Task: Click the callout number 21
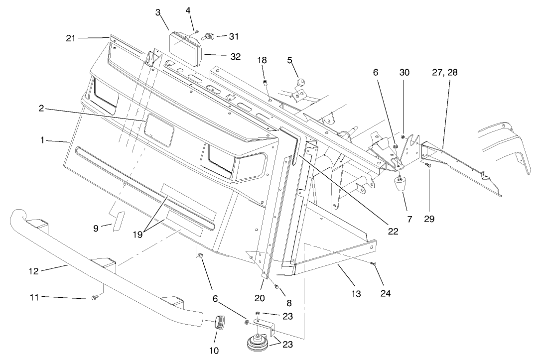pyautogui.click(x=71, y=37)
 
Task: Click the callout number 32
pyautogui.click(x=236, y=57)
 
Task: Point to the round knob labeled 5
pyautogui.click(x=300, y=82)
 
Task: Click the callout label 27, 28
pyautogui.click(x=445, y=73)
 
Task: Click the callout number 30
pyautogui.click(x=405, y=73)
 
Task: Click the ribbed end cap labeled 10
pyautogui.click(x=218, y=322)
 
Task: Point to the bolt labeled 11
pyautogui.click(x=95, y=298)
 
